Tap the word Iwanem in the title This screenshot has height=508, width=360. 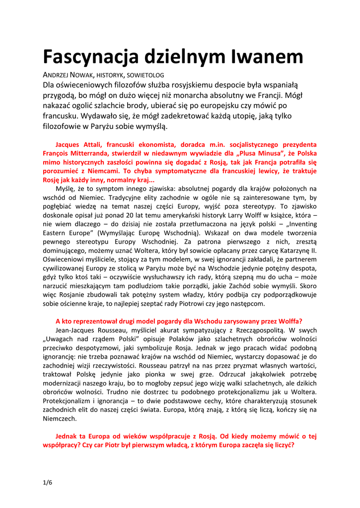267,57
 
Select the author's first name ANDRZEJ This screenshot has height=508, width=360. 57,74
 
